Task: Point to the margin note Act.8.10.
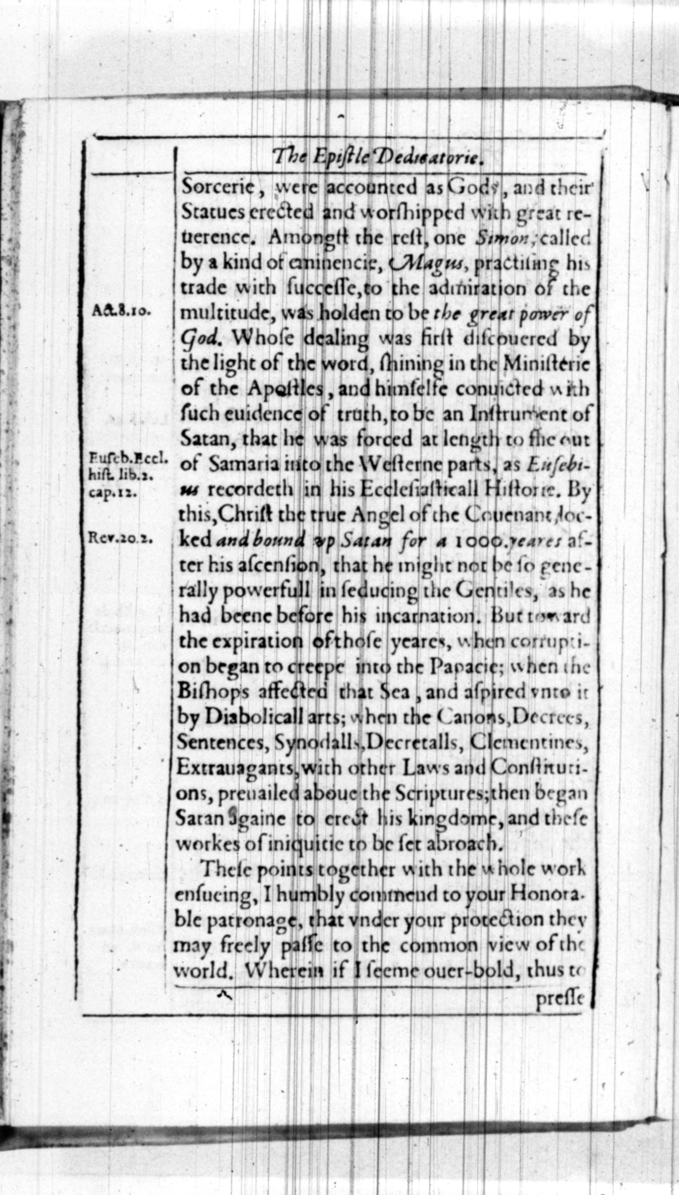(x=120, y=312)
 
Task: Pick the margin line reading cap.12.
(x=113, y=493)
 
